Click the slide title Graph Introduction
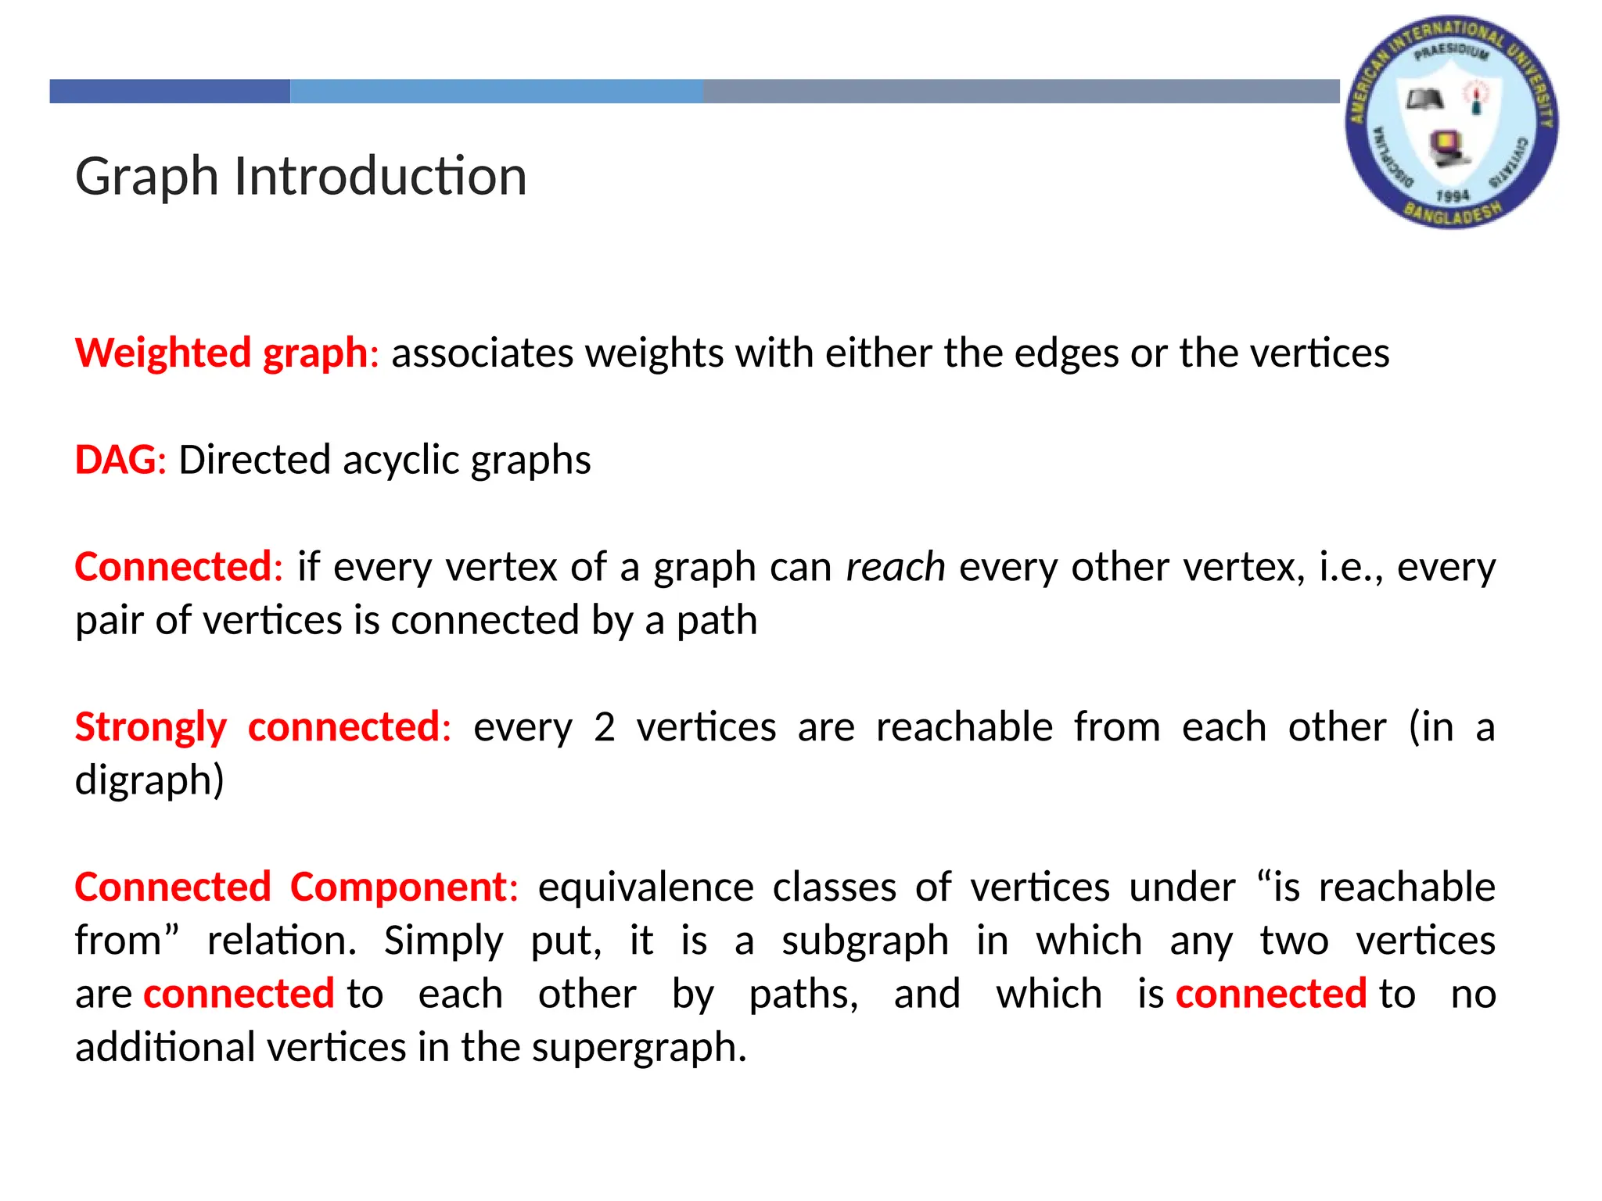301,176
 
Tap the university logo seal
1451,121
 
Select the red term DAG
116,460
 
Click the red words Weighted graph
221,353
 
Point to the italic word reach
896,567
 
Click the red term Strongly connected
258,727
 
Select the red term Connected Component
291,887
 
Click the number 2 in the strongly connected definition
604,727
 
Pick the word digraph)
149,780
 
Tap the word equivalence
645,887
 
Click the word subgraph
864,941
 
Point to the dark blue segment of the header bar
170,91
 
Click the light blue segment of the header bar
496,91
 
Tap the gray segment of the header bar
1020,91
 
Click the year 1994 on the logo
1453,195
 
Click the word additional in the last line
164,1048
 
